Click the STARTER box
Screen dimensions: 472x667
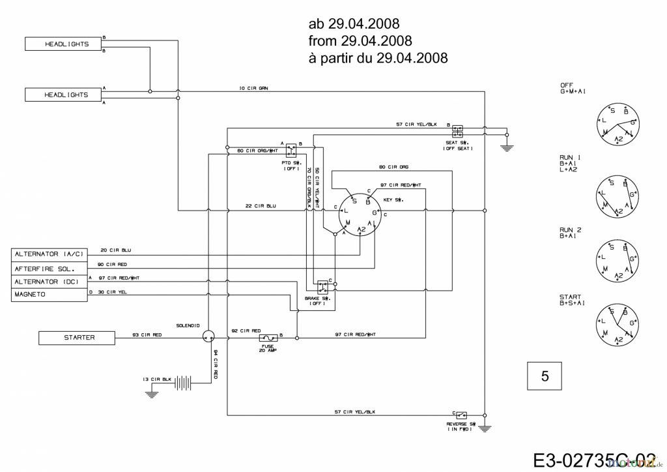click(x=79, y=338)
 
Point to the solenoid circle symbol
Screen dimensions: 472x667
click(x=208, y=336)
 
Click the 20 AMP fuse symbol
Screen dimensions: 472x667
click(x=268, y=338)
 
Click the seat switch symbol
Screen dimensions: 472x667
click(x=457, y=129)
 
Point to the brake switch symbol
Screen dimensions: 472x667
click(x=322, y=288)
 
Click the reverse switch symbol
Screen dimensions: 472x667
click(x=461, y=415)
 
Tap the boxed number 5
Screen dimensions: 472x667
click(x=544, y=376)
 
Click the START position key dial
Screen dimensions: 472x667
click(x=617, y=322)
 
